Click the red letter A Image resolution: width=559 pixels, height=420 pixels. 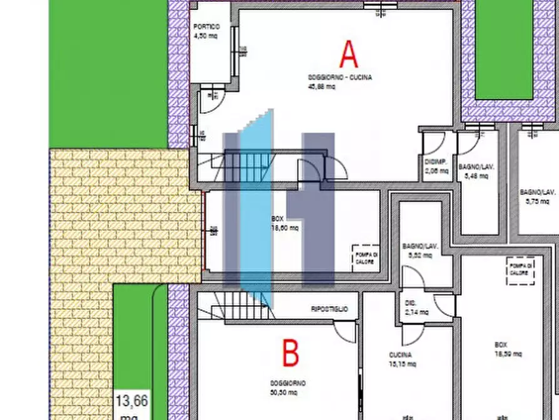point(349,54)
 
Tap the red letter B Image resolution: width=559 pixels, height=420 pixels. point(290,354)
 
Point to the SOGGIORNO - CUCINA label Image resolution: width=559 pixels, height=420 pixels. point(339,78)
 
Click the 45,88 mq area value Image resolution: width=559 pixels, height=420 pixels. point(322,87)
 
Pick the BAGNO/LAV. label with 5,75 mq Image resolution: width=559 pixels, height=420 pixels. point(538,196)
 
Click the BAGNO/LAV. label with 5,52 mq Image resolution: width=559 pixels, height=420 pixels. point(418,251)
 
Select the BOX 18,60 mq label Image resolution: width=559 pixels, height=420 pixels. point(284,223)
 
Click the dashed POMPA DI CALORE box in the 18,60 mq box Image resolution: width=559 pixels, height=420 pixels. point(366,258)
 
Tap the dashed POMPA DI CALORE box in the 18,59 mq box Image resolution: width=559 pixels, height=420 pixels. point(520,271)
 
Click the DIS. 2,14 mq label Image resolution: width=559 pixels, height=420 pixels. point(416,308)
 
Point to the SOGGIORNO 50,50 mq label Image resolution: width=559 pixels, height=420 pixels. point(287,387)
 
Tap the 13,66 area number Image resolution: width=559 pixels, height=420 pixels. point(131,400)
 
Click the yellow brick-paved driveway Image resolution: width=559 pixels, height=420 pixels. point(119,213)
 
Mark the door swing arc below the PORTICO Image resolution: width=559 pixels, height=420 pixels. point(210,104)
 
